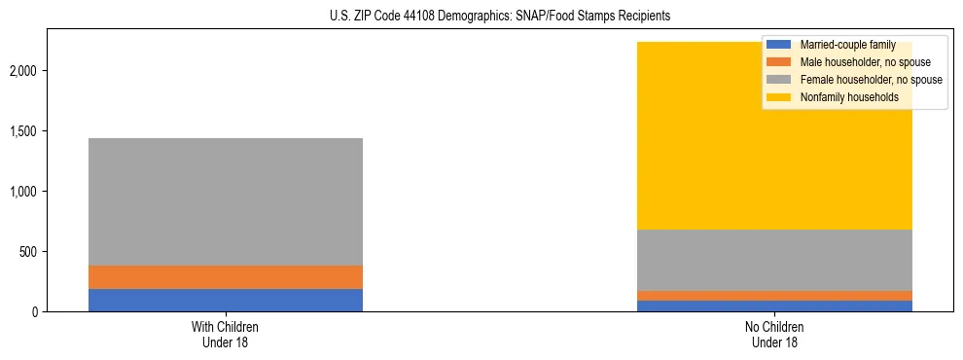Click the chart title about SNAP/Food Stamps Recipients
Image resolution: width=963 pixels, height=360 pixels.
(481, 17)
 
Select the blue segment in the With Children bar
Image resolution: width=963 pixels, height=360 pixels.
(226, 300)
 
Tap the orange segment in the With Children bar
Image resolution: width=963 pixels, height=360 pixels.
(226, 277)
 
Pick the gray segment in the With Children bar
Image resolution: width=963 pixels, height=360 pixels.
(226, 201)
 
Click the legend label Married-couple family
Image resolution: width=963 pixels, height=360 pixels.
(846, 45)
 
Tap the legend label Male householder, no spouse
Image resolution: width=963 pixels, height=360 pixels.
(857, 62)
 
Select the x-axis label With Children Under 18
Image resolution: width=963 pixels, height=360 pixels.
(226, 335)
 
